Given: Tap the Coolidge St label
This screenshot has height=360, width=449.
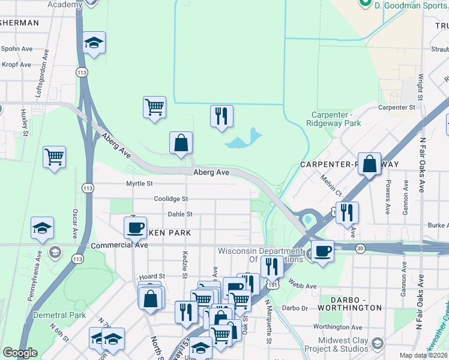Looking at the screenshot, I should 170,199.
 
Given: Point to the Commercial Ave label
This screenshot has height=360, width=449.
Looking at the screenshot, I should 119,245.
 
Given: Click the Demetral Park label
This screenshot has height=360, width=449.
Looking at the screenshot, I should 60,315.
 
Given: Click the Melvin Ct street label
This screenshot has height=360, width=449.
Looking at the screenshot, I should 331,184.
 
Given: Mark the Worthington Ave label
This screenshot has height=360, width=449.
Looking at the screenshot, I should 338,327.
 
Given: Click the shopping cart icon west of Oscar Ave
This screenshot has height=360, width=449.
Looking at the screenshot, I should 54,157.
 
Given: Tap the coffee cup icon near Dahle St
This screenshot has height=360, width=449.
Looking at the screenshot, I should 135,227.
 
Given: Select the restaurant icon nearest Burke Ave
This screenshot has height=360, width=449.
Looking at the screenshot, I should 347,212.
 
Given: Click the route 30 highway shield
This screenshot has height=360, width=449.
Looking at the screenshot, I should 360,248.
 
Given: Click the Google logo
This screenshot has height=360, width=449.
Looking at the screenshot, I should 20,353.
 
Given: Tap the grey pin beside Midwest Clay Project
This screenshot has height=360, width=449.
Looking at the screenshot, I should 378,344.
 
